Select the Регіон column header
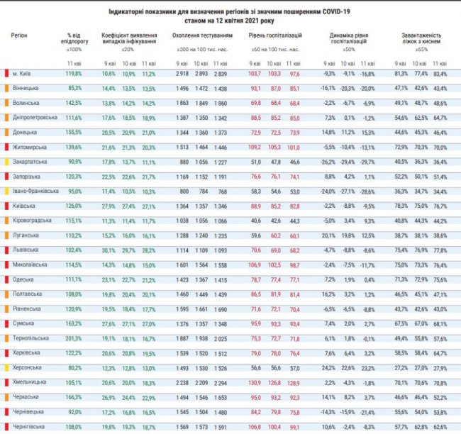(x=21, y=34)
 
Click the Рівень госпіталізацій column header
(x=275, y=34)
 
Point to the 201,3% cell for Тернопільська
(x=74, y=339)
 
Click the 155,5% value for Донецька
(x=74, y=132)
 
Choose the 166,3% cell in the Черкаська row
(x=74, y=398)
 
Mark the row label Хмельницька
(x=29, y=383)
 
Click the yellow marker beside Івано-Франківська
(x=7, y=191)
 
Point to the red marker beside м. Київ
(x=7, y=73)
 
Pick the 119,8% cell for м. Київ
(x=74, y=73)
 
